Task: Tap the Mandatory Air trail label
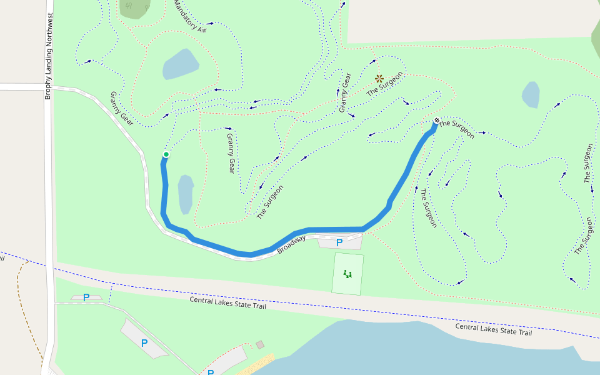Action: pos(190,17)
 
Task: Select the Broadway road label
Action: pos(292,244)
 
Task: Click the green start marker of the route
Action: pos(166,154)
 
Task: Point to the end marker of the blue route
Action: pos(436,120)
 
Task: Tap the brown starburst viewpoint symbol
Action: pos(379,78)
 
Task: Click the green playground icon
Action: pos(347,273)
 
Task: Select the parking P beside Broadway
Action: pos(339,242)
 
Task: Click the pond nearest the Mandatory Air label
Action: pos(181,64)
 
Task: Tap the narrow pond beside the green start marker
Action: pos(186,194)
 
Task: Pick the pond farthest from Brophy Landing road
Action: pos(531,94)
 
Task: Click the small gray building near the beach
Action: pos(260,344)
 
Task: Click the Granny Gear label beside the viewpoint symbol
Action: pos(346,93)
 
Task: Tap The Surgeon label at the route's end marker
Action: pos(457,129)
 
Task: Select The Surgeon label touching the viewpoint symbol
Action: pos(385,84)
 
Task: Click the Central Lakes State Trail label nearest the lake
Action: pos(493,329)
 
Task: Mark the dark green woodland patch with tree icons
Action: pos(134,8)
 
